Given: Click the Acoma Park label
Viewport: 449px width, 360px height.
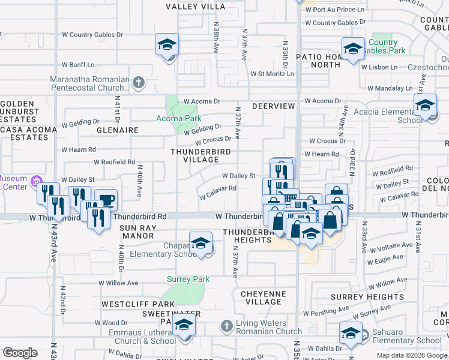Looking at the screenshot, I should pyautogui.click(x=179, y=118).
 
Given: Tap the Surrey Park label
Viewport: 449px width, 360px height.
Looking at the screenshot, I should pyautogui.click(x=188, y=279).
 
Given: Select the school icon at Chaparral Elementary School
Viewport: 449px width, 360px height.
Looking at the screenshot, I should pyautogui.click(x=200, y=243).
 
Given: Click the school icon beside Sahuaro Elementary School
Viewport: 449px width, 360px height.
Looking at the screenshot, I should pyautogui.click(x=351, y=333).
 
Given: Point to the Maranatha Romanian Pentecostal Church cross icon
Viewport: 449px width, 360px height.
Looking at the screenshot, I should pyautogui.click(x=139, y=82).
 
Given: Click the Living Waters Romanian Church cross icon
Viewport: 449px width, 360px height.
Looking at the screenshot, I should pyautogui.click(x=226, y=326).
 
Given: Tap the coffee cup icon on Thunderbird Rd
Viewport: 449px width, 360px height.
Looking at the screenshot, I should pyautogui.click(x=106, y=200).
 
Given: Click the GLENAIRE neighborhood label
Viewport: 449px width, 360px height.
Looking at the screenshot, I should pyautogui.click(x=118, y=130).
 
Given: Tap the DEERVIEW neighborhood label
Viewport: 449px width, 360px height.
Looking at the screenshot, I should pyautogui.click(x=274, y=106).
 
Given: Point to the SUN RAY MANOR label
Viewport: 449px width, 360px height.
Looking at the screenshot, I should pyautogui.click(x=137, y=232).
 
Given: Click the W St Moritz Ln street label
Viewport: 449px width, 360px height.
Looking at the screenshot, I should pyautogui.click(x=273, y=74).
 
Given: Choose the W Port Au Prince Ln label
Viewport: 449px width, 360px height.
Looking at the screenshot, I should pyautogui.click(x=334, y=10).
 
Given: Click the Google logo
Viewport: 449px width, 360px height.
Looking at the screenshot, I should pyautogui.click(x=20, y=353).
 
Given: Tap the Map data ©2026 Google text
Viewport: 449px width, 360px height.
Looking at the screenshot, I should pyautogui.click(x=412, y=355).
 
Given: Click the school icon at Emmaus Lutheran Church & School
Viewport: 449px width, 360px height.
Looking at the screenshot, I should pyautogui.click(x=184, y=326).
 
